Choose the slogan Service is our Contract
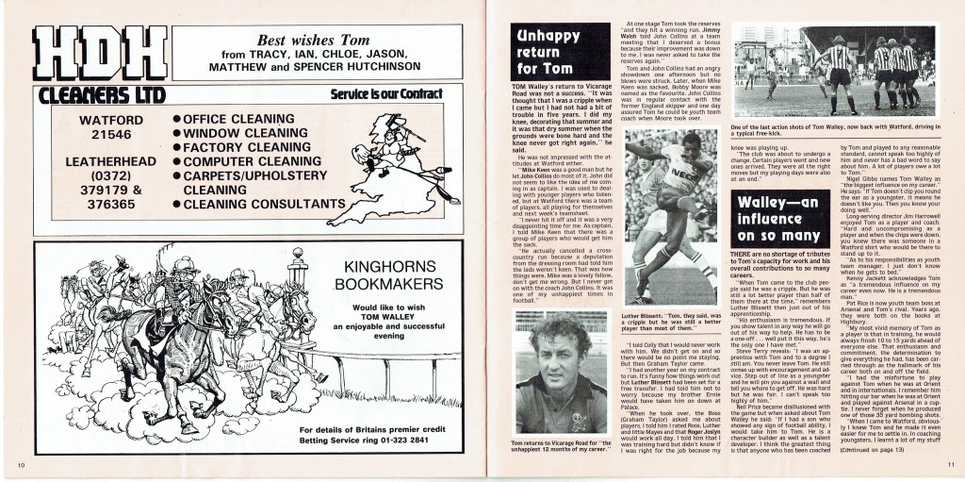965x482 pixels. point(396,94)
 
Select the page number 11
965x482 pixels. point(951,466)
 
